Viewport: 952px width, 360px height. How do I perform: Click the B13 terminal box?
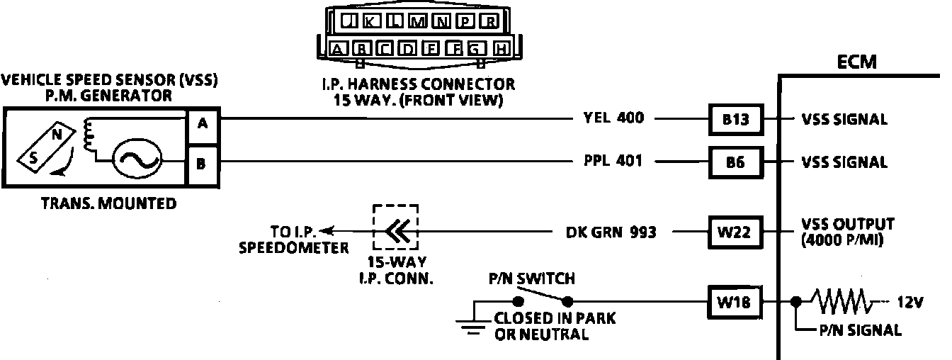coord(737,120)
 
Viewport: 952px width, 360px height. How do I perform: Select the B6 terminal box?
coord(737,162)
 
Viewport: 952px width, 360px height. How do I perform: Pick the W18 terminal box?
coord(737,303)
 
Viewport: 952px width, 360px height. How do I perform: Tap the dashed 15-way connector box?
coord(395,227)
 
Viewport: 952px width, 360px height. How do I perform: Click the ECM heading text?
coord(857,62)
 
